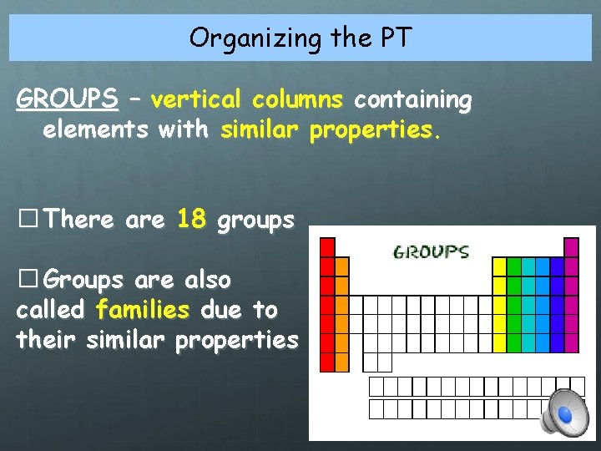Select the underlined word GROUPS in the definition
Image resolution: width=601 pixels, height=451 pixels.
tap(67, 99)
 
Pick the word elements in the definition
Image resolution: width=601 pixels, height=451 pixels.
tap(84, 131)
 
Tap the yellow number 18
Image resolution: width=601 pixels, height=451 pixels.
tap(191, 220)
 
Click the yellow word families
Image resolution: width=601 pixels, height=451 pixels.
tap(143, 310)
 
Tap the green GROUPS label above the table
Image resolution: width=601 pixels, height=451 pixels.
tap(431, 251)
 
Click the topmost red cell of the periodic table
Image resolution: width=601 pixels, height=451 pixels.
tap(327, 247)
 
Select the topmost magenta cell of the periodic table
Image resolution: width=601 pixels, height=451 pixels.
tap(571, 247)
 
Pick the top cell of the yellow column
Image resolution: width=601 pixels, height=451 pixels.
tap(499, 266)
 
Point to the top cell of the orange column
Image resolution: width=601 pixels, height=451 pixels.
tap(341, 266)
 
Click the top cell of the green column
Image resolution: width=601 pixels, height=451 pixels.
tap(514, 266)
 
